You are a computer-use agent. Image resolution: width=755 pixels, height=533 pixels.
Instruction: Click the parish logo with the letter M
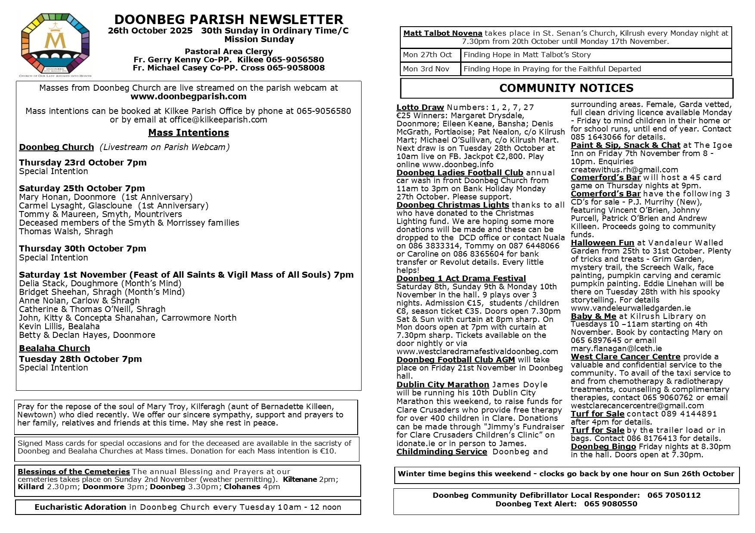(55, 44)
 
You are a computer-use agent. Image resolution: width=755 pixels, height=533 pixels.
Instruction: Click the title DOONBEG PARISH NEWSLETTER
(229, 20)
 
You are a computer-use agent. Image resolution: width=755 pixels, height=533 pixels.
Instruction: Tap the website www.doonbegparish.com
(189, 97)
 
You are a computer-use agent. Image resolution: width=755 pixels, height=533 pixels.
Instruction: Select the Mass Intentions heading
(189, 133)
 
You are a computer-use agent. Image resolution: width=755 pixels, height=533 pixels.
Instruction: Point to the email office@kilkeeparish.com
(218, 120)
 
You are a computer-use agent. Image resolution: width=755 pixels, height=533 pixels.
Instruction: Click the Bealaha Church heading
(55, 349)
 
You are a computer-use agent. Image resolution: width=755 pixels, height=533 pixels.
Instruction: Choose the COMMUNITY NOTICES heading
(566, 88)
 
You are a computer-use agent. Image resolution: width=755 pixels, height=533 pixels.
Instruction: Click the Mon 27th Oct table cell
(427, 55)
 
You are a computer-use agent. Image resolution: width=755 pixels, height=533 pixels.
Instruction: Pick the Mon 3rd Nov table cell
(426, 69)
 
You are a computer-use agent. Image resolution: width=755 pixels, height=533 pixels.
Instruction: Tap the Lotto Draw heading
(420, 107)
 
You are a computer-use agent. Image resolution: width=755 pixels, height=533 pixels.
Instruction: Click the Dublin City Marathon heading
(442, 385)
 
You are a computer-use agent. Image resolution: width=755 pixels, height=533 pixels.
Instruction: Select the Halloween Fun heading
(602, 243)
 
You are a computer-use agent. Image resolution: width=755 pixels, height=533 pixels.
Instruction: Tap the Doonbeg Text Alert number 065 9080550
(610, 504)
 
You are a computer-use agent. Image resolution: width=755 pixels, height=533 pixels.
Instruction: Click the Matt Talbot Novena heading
(442, 34)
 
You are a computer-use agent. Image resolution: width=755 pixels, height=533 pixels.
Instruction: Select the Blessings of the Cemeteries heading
(74, 472)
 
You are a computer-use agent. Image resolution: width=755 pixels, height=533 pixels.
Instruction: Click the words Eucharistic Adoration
(80, 507)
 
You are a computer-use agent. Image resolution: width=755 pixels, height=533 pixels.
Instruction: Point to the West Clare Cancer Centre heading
(625, 357)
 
